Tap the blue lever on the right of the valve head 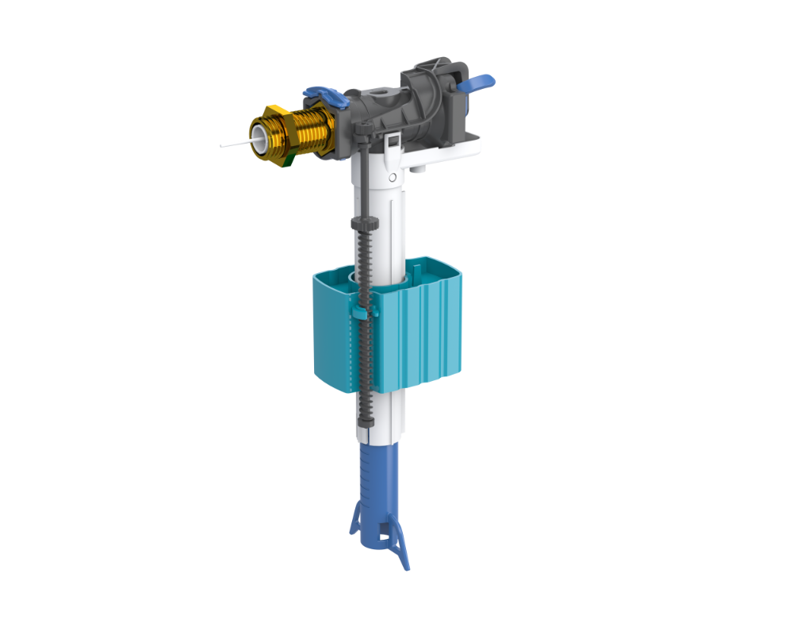tap(479, 81)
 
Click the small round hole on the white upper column tap(392, 176)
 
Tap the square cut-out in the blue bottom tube tap(385, 537)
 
